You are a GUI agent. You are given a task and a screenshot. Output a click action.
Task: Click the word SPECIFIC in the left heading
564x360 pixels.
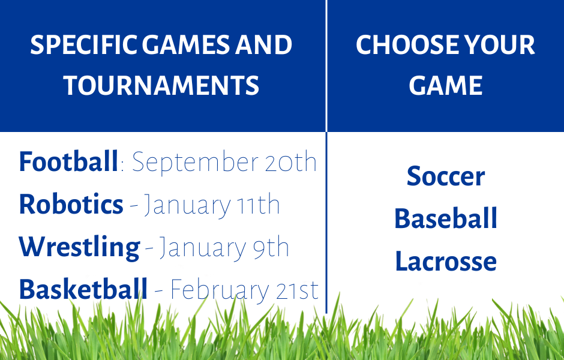click(x=83, y=45)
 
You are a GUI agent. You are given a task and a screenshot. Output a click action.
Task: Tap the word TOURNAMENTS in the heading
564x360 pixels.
click(x=161, y=86)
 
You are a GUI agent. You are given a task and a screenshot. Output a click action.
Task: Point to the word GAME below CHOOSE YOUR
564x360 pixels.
click(x=446, y=86)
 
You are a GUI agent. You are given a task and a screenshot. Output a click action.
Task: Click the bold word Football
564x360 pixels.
click(x=68, y=161)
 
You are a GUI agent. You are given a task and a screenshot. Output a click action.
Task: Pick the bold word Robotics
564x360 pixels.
click(x=71, y=204)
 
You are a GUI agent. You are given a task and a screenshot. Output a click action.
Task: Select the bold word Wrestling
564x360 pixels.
click(x=79, y=247)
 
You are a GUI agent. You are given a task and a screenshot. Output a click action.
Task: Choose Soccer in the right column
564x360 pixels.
click(x=446, y=176)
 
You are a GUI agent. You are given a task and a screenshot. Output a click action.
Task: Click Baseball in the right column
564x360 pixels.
click(x=446, y=218)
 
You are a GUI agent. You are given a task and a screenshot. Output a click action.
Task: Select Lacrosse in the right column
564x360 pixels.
click(x=446, y=261)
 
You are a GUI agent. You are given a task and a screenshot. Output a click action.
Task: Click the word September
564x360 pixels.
click(x=196, y=163)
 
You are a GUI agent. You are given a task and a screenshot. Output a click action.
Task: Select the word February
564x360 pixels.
click(x=220, y=290)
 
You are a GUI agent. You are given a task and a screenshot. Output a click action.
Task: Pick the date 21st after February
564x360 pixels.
click(x=297, y=290)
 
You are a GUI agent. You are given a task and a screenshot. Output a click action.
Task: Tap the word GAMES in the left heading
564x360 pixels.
click(x=185, y=45)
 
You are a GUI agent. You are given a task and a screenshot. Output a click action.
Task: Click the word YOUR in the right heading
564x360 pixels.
click(x=500, y=45)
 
